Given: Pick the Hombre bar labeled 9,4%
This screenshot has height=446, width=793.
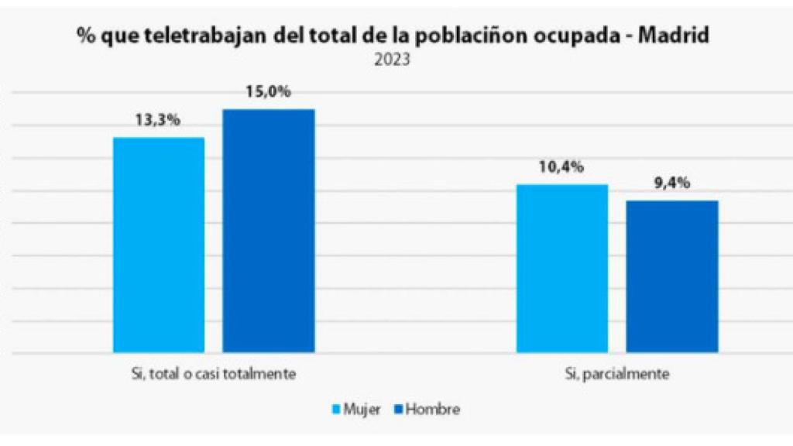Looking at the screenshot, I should click(x=672, y=276).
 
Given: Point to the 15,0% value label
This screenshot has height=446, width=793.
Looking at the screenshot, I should click(x=268, y=92).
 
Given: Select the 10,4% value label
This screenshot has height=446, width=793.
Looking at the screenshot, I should click(x=562, y=167).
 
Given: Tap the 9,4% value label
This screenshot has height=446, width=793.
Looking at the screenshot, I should click(x=671, y=184).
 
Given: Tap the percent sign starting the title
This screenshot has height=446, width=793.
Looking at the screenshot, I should click(x=84, y=36).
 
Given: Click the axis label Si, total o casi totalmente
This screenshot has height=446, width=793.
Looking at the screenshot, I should click(x=214, y=374).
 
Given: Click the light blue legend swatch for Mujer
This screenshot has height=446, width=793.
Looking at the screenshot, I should click(x=337, y=409).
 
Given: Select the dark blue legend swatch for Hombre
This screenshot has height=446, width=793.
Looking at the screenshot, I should click(x=399, y=409).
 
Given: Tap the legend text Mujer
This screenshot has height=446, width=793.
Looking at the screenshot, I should click(x=362, y=410).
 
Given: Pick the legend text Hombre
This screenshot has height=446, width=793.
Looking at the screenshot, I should click(x=432, y=410).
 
